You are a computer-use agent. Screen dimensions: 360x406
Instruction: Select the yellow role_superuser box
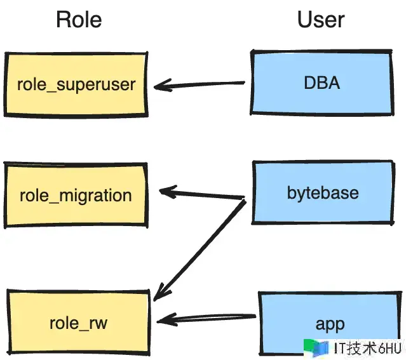click(x=76, y=84)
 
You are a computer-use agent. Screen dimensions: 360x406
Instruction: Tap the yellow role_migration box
click(x=76, y=194)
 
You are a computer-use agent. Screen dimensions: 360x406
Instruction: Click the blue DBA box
click(x=321, y=83)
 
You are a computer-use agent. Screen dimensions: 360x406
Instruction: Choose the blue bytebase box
click(x=322, y=192)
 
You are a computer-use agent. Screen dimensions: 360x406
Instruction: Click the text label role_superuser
click(x=76, y=84)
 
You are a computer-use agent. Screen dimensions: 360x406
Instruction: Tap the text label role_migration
click(x=76, y=195)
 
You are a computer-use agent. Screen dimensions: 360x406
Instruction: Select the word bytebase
click(x=322, y=192)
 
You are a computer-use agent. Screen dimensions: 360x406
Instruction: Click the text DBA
click(x=321, y=83)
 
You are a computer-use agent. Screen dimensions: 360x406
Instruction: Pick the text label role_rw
click(x=78, y=323)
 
